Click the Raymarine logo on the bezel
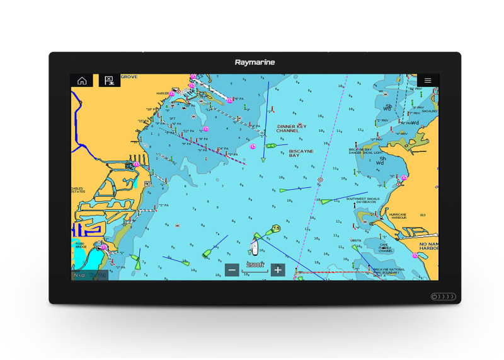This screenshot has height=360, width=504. tap(255, 62)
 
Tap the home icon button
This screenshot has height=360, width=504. tap(81, 81)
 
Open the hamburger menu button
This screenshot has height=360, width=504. tap(427, 81)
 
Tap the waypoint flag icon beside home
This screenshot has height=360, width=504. tap(108, 81)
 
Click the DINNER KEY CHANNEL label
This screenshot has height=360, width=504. tap(291, 129)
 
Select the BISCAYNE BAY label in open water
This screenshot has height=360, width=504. tap(301, 153)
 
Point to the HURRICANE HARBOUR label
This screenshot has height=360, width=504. tap(398, 216)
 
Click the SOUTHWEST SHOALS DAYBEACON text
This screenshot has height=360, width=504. tap(365, 200)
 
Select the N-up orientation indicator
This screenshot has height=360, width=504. tap(79, 275)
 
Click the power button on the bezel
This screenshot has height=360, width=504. tap(443, 296)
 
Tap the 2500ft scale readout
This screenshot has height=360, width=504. tap(255, 265)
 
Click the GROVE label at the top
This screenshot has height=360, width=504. tap(129, 77)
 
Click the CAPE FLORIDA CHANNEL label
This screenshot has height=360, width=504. tap(386, 248)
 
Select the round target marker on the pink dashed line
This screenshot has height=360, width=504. tap(320, 180)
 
